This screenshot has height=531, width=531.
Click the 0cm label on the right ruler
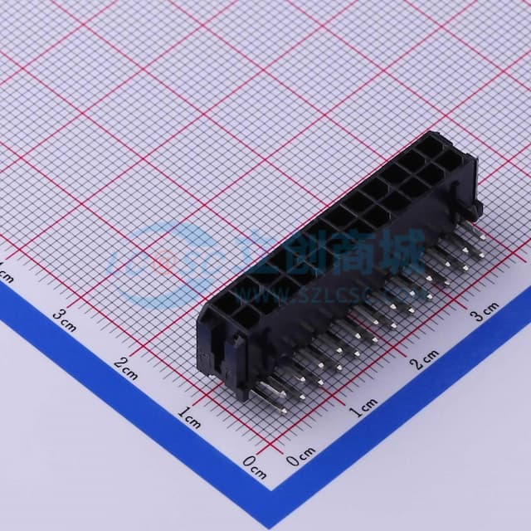coord(300,455)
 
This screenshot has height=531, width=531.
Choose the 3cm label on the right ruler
coord(485,311)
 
